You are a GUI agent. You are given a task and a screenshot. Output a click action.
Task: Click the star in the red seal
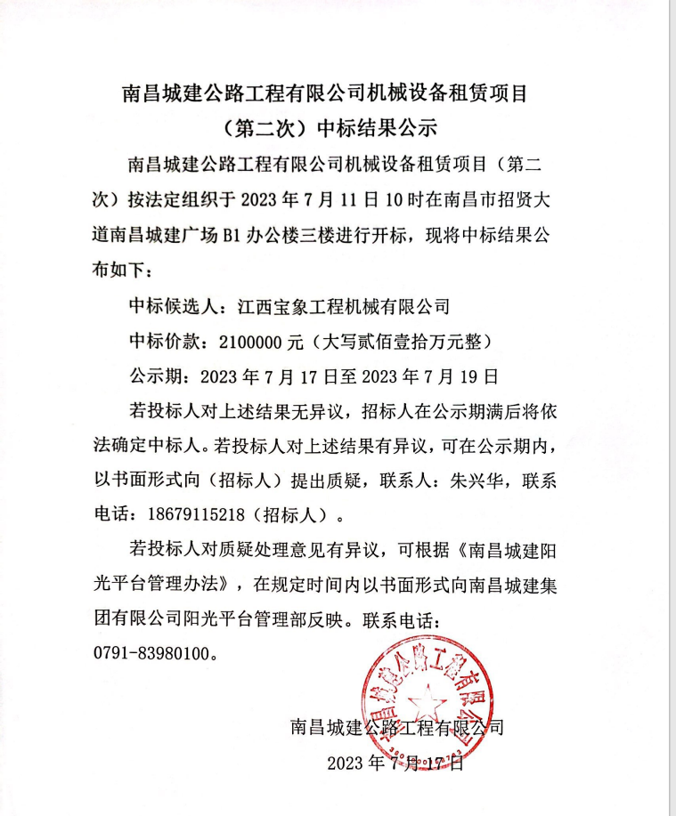point(418,702)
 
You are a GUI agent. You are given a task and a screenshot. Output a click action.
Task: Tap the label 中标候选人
point(173,307)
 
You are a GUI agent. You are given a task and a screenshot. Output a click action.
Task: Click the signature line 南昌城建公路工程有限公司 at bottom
point(397,728)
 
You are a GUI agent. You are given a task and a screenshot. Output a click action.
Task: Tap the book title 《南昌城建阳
point(501,551)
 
